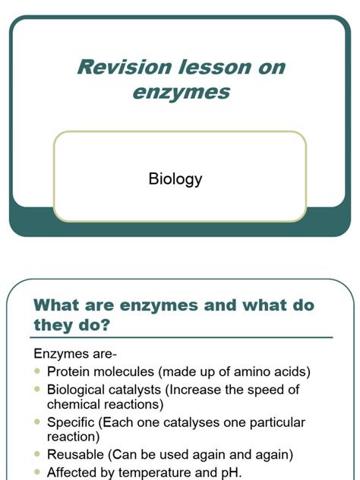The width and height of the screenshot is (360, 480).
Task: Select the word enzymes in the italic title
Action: pyautogui.click(x=181, y=93)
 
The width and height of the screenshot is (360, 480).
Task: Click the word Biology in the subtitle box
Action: pyautogui.click(x=175, y=179)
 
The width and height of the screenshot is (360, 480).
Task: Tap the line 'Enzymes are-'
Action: pyautogui.click(x=74, y=354)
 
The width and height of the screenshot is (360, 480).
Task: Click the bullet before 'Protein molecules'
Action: pyautogui.click(x=38, y=371)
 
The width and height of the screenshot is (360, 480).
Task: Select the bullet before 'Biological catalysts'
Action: pyautogui.click(x=38, y=390)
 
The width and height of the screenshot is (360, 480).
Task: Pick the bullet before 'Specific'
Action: pyautogui.click(x=38, y=422)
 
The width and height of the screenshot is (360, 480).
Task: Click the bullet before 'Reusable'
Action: pyautogui.click(x=38, y=455)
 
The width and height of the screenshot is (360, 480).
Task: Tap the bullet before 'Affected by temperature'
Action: pyautogui.click(x=38, y=472)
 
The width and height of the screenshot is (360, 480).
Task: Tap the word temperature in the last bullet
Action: pyautogui.click(x=172, y=472)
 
